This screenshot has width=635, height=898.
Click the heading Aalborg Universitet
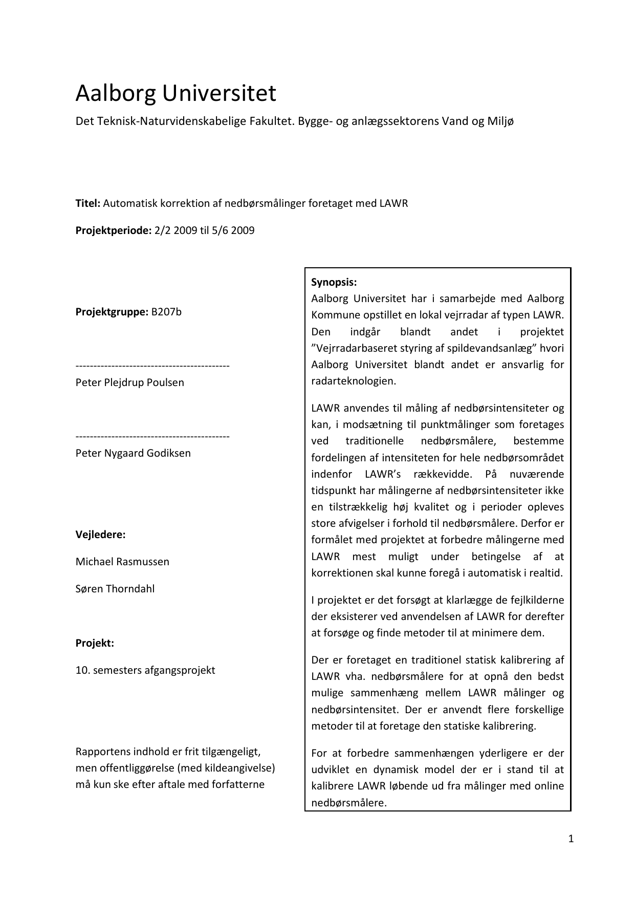pos(176,93)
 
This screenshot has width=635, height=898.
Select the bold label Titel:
pos(88,203)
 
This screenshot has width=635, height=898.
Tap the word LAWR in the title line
pos(393,203)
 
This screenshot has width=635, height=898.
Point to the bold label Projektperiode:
pos(114,230)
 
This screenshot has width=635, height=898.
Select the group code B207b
pos(166,312)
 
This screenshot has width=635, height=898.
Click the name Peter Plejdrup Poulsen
pos(129,382)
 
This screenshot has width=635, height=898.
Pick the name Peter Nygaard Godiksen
pos(133,453)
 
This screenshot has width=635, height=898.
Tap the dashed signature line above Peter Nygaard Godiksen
pos(152,437)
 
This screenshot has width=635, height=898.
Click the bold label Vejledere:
pos(100,534)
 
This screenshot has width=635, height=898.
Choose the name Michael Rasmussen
pos(122,562)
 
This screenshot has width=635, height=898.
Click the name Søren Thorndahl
pos(115,589)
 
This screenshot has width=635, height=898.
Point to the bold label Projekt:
pos(95,643)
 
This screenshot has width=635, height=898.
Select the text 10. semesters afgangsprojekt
pos(145,670)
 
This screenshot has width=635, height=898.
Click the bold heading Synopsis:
pos(334,283)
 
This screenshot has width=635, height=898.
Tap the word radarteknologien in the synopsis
pos(353,381)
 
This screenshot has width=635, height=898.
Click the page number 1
pos(571,839)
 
